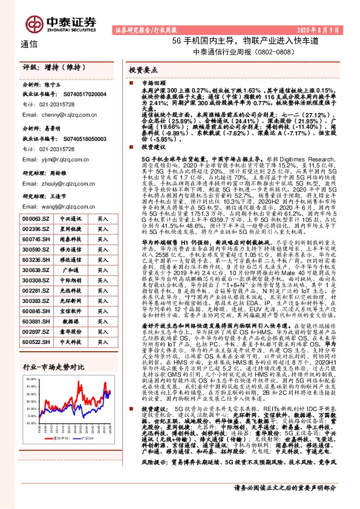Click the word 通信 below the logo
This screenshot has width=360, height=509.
[x=29, y=44]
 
